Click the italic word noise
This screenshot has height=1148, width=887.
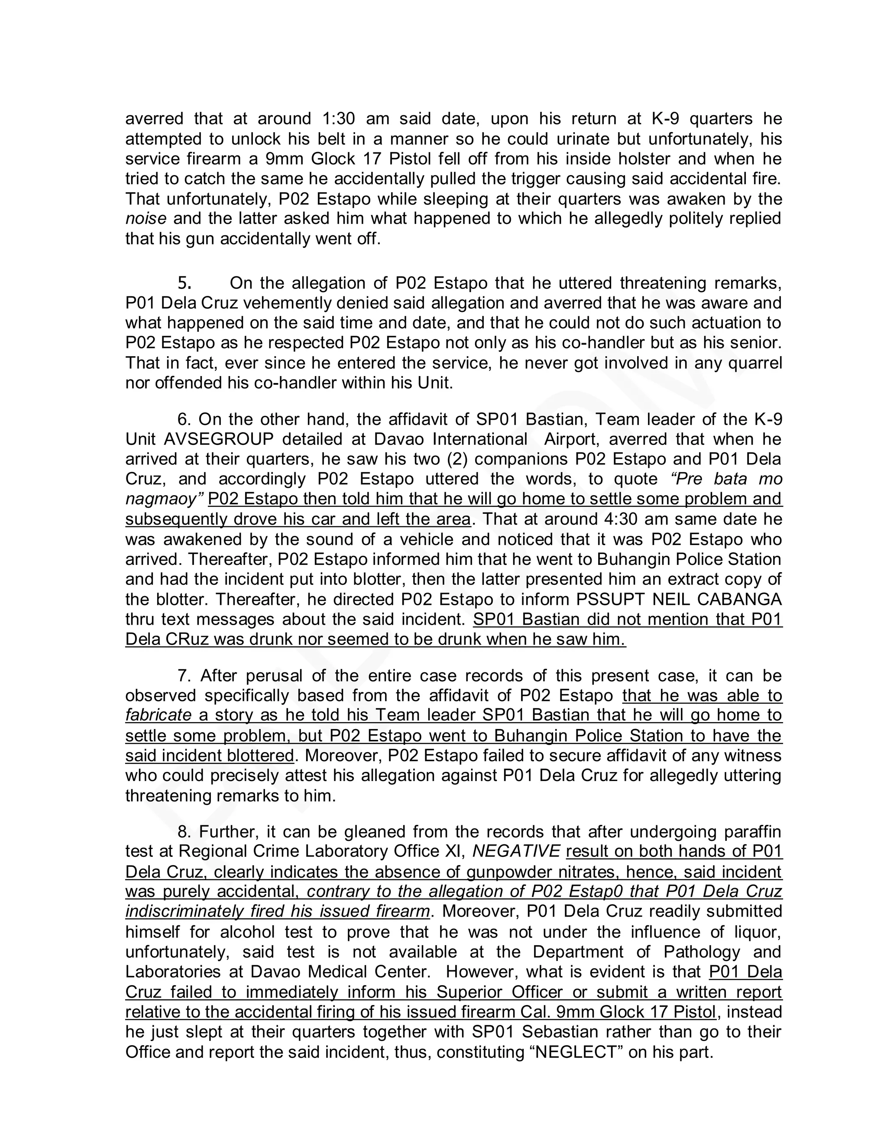[x=146, y=218]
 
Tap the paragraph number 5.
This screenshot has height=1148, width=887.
[x=184, y=283]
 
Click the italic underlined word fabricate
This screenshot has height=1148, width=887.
[x=158, y=715]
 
